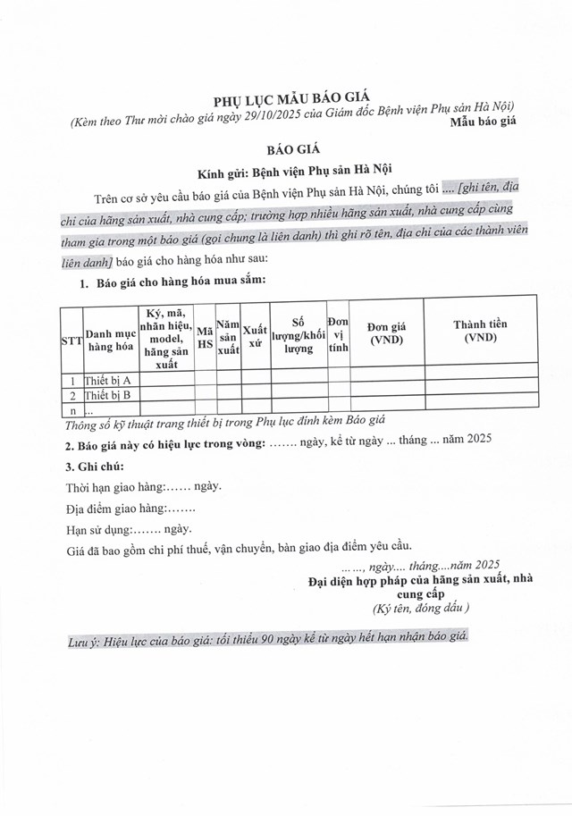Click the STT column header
pyautogui.click(x=70, y=341)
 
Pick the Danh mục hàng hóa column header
pyautogui.click(x=111, y=341)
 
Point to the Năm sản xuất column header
pyautogui.click(x=229, y=341)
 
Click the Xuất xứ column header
pyautogui.click(x=256, y=341)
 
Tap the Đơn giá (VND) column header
pyautogui.click(x=386, y=333)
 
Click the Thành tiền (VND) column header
pyautogui.click(x=480, y=333)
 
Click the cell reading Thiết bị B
pyautogui.click(x=108, y=395)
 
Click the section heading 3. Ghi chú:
pyautogui.click(x=95, y=467)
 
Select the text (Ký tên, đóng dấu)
pyautogui.click(x=420, y=608)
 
